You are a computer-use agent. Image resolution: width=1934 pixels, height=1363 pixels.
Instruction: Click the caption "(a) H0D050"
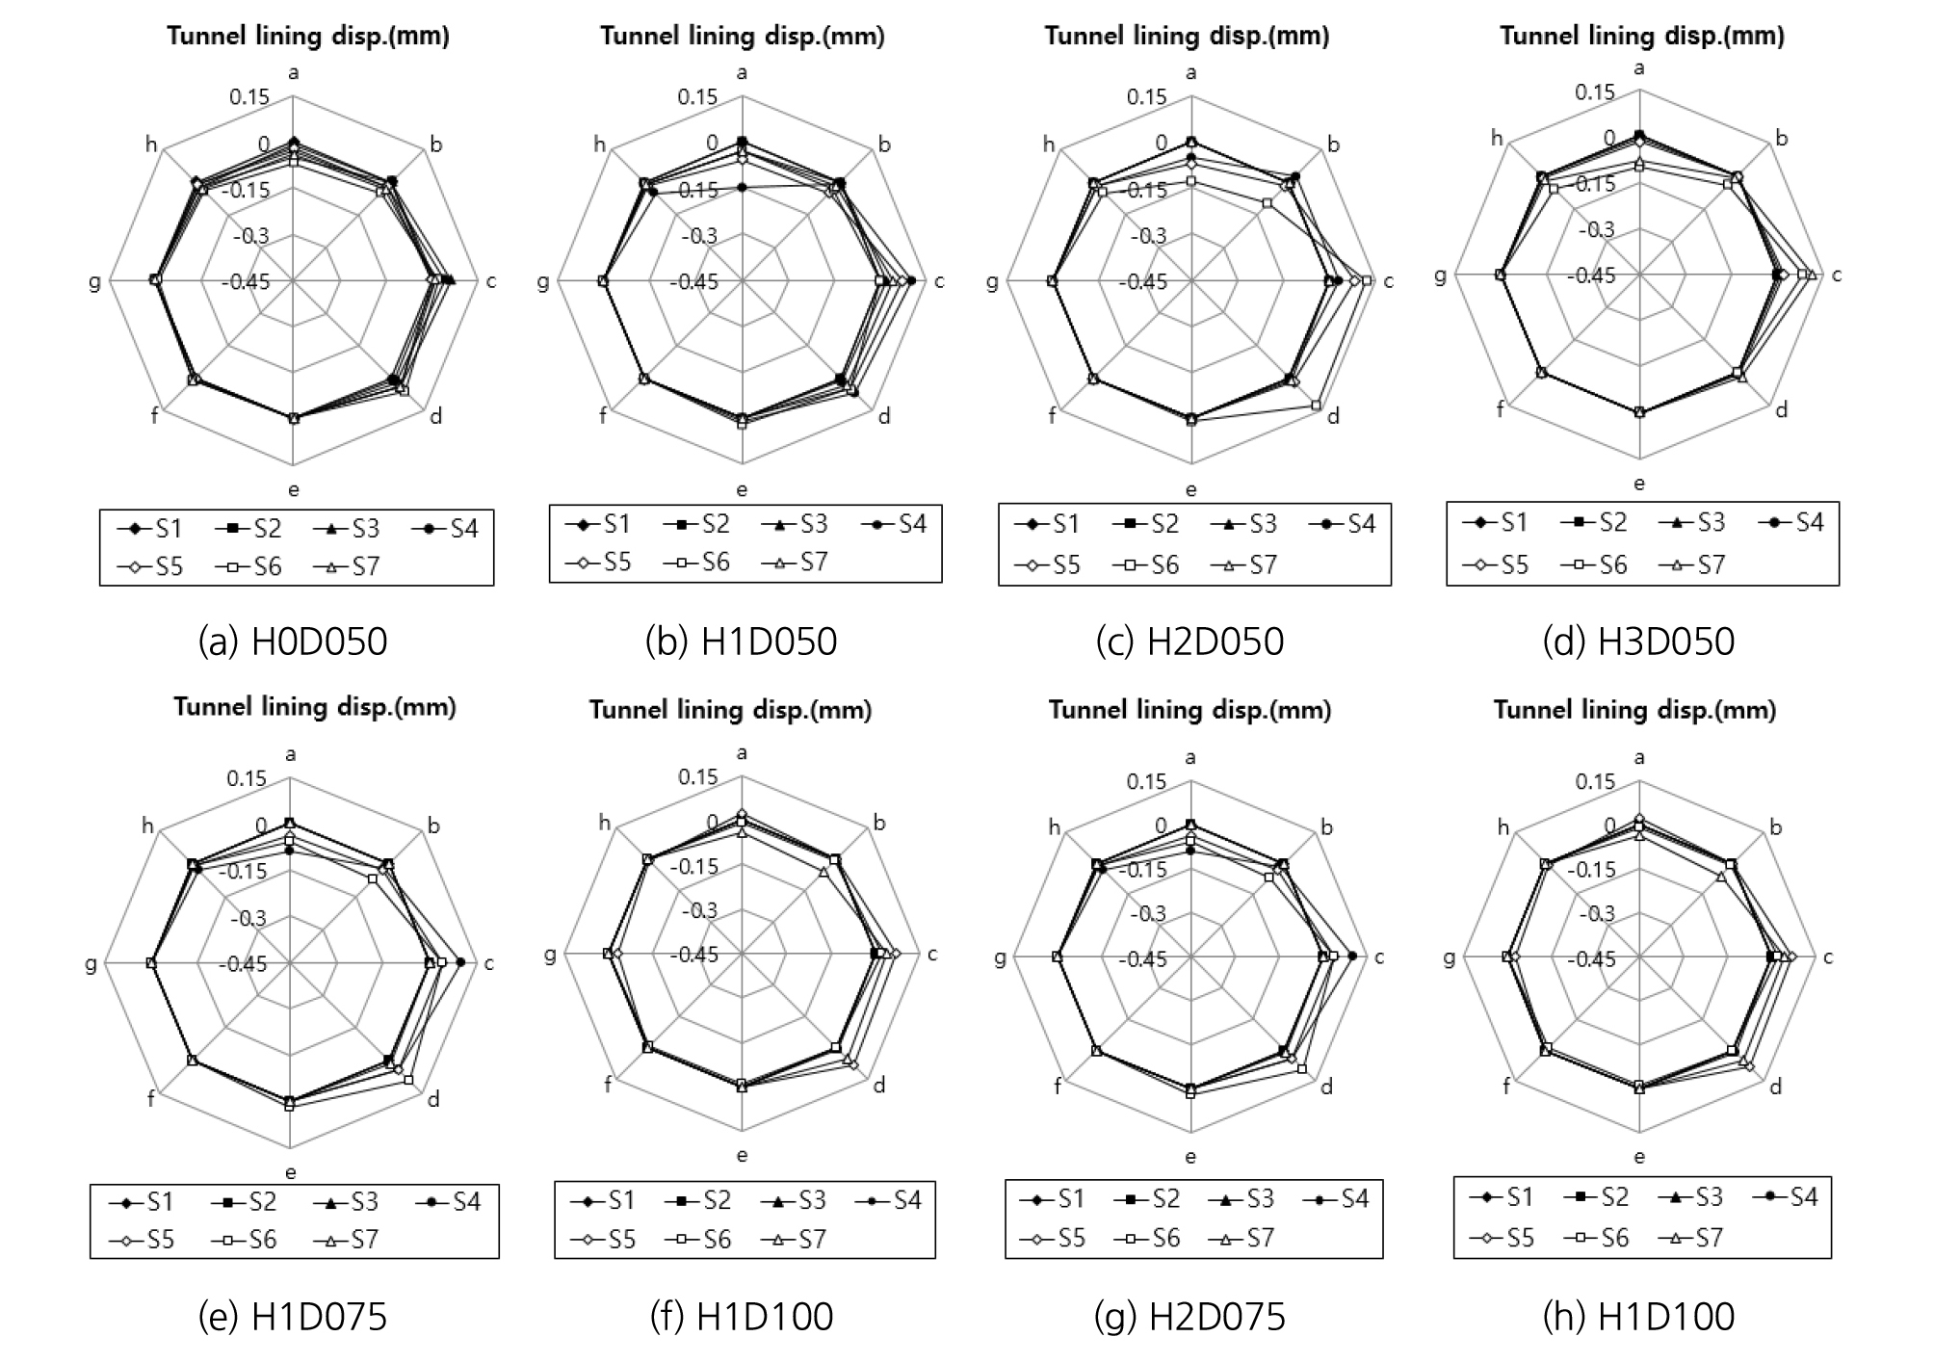click(x=292, y=642)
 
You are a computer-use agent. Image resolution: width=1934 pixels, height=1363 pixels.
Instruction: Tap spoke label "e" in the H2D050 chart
click(x=1191, y=489)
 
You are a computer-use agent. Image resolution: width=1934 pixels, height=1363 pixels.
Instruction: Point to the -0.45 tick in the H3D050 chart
click(x=1591, y=275)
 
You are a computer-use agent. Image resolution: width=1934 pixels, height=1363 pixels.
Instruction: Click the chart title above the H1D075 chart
click(x=315, y=707)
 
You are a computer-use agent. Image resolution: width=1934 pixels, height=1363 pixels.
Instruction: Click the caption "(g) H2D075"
click(x=1189, y=1317)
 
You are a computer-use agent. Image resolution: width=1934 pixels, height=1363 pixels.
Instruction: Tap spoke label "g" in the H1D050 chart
click(x=543, y=281)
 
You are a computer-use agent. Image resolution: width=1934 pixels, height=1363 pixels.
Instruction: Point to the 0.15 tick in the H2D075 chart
click(x=1147, y=781)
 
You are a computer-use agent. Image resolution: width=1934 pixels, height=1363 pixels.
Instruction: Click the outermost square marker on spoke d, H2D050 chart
click(x=1316, y=406)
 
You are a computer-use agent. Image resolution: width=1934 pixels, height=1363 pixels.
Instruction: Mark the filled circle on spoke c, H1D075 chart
click(x=460, y=962)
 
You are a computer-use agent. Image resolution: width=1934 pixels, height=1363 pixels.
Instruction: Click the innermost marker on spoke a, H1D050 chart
click(x=742, y=187)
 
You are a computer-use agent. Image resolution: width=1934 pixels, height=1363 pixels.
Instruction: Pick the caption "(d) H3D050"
click(x=1637, y=642)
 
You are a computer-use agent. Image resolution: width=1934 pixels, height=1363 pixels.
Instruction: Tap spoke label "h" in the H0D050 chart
click(x=151, y=144)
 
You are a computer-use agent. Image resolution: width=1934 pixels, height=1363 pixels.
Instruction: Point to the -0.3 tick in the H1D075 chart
click(x=248, y=917)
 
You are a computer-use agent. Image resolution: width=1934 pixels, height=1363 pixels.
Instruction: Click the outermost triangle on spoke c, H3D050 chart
click(x=1812, y=275)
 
